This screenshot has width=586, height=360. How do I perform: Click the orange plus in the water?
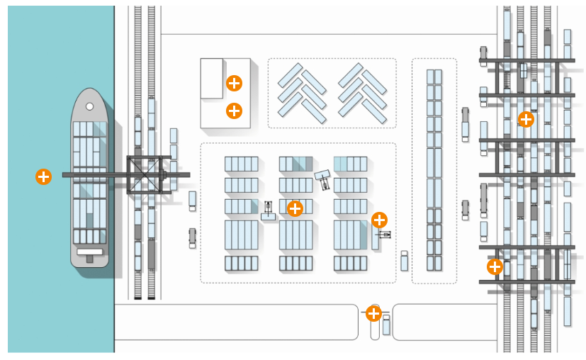coord(43,176)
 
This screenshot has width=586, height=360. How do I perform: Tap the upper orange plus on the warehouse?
coord(234,83)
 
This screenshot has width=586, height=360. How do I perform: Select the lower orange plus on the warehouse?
coord(234,111)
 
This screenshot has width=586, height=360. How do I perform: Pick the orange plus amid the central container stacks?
coord(295,208)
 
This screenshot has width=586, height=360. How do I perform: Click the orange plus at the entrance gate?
coord(373,313)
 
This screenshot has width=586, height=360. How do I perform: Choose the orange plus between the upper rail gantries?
coord(526,119)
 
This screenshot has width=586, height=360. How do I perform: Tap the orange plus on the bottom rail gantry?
coord(495,267)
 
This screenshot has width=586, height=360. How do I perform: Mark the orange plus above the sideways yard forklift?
coord(379,220)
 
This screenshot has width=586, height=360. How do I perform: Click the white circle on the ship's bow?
coord(90,106)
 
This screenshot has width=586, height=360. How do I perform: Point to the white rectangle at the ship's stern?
coord(90,251)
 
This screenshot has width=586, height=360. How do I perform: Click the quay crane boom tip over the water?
coord(66,174)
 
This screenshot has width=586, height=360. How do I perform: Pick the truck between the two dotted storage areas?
coord(404,260)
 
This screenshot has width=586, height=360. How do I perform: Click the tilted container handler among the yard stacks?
coord(323,179)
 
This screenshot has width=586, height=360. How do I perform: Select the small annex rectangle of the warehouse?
coord(212,78)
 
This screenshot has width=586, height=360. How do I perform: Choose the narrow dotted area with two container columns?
coord(434,170)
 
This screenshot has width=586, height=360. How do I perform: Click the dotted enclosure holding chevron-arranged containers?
coord(332,93)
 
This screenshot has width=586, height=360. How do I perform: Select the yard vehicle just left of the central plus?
coord(269,210)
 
